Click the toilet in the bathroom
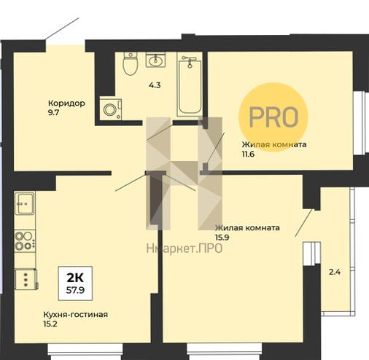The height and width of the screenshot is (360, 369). [x=131, y=63]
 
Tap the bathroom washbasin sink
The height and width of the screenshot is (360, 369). [x=156, y=60]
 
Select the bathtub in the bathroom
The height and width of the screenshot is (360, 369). [x=190, y=85]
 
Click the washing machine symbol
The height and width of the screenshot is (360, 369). [x=111, y=109]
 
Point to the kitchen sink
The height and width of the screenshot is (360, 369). [x=25, y=203]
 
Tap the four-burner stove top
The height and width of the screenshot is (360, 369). [x=25, y=240]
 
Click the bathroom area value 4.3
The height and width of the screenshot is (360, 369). [x=155, y=85]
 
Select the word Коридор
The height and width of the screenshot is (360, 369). [x=66, y=103]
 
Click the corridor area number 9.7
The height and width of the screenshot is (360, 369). [x=54, y=113]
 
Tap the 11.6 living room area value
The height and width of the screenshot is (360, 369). [x=248, y=154]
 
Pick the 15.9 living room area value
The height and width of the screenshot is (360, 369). [x=222, y=238]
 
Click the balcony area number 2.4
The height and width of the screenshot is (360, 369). [x=335, y=272]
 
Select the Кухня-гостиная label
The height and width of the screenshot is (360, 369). [x=76, y=314]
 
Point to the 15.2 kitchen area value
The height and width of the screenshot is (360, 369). [x=50, y=324]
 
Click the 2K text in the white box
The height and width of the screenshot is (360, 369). [x=75, y=278]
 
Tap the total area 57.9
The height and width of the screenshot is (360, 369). [x=75, y=290]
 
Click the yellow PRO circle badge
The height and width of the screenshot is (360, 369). [x=273, y=117]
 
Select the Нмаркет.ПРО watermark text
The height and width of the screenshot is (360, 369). [x=184, y=249]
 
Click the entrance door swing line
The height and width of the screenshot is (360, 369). [x=62, y=28]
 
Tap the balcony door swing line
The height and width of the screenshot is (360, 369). [x=303, y=223]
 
